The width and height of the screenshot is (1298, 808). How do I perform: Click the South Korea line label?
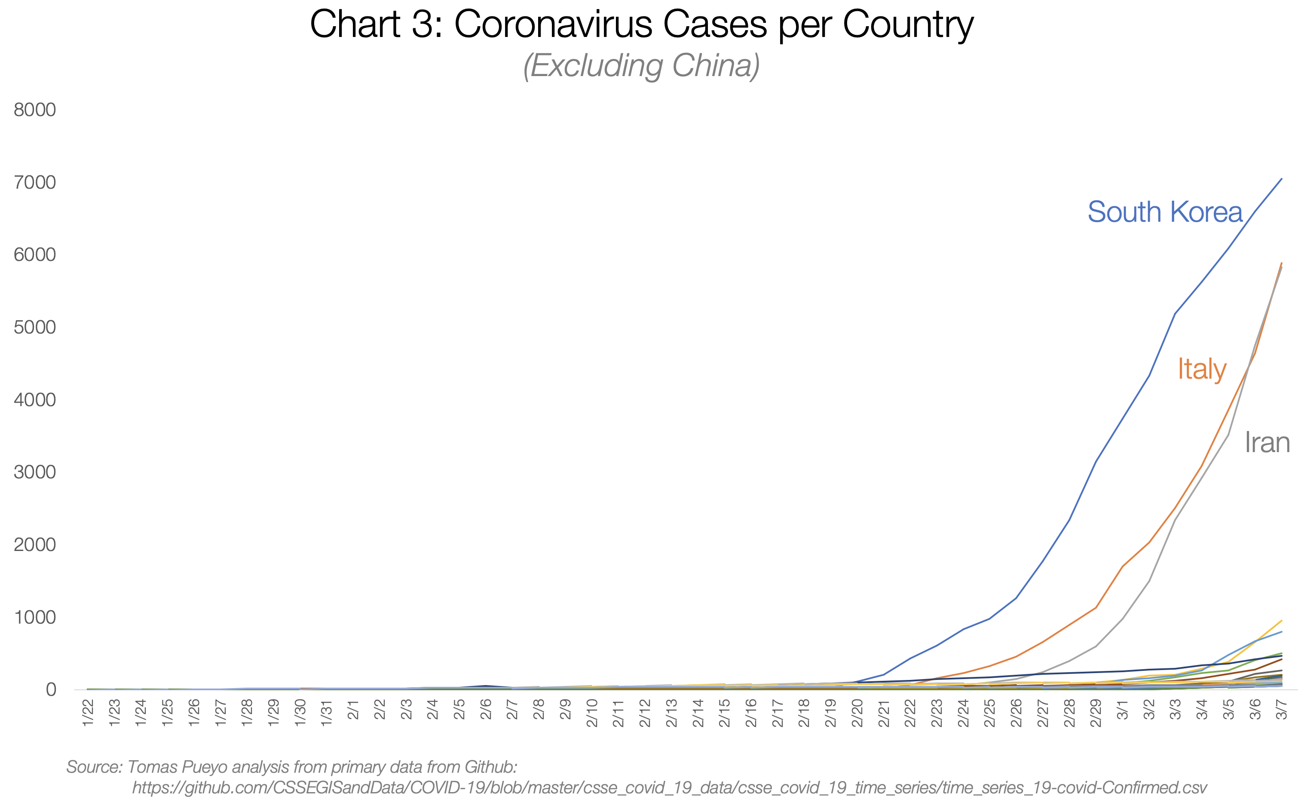click(x=1165, y=212)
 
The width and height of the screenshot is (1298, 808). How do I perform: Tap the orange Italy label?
click(x=1202, y=369)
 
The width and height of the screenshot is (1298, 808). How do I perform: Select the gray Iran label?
click(x=1267, y=443)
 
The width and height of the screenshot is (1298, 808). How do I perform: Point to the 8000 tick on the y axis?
click(x=35, y=110)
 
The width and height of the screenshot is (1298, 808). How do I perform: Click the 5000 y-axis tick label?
click(x=35, y=327)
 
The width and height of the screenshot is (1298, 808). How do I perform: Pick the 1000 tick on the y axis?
click(x=35, y=617)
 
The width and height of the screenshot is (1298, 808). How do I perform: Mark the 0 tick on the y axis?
click(x=51, y=689)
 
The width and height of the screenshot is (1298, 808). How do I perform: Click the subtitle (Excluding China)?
click(x=641, y=66)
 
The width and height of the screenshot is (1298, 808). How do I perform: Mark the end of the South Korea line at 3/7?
click(x=1281, y=179)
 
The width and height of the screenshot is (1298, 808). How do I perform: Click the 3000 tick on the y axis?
click(x=35, y=472)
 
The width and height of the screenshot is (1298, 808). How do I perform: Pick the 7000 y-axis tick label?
click(x=35, y=182)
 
